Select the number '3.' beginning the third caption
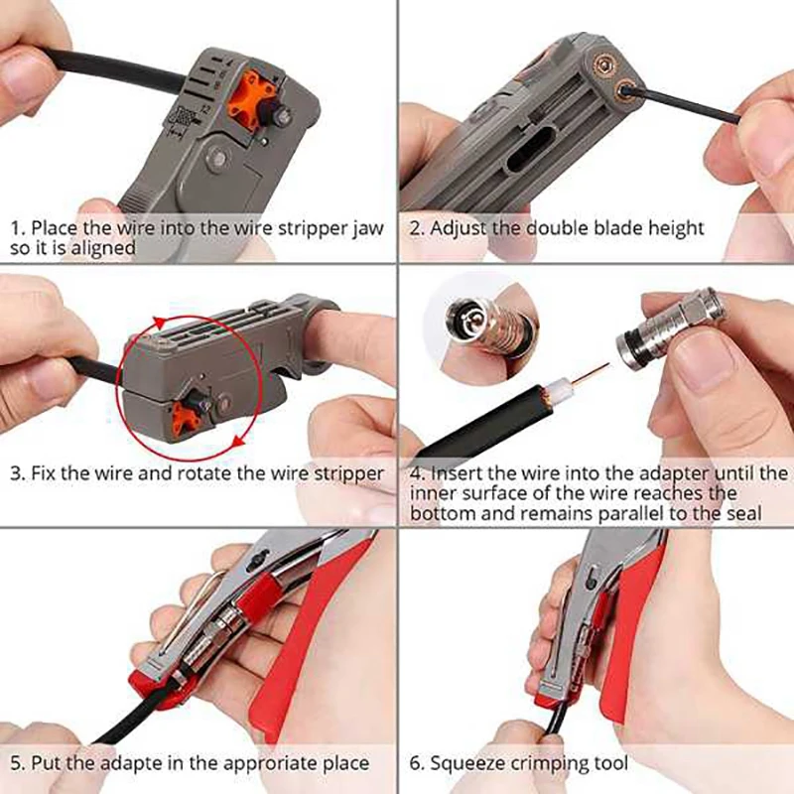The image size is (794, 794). [x=18, y=472]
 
